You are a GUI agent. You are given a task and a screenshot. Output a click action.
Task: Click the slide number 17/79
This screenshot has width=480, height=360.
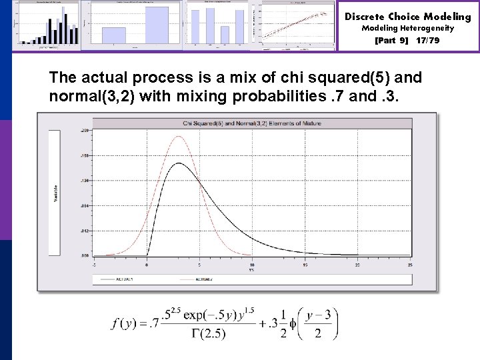click(x=427, y=40)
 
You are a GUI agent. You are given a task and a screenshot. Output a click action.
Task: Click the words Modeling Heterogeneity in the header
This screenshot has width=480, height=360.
click(x=407, y=28)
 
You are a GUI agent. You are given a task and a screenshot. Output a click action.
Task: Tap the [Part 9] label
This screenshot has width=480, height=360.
click(x=392, y=40)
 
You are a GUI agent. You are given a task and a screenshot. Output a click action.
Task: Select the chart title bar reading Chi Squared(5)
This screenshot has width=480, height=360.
click(x=251, y=123)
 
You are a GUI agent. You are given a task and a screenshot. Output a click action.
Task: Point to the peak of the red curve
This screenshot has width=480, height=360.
click(x=179, y=137)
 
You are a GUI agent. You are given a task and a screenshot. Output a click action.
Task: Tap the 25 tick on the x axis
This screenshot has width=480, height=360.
click(x=409, y=265)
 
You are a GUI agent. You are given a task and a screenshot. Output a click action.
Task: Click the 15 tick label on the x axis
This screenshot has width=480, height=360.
click(x=304, y=265)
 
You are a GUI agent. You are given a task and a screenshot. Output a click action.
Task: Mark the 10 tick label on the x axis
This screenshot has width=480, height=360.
click(x=252, y=265)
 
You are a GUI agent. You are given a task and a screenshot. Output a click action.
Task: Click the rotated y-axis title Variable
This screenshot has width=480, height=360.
click(x=55, y=194)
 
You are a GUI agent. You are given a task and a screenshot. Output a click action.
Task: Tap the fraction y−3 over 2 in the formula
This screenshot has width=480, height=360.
click(x=318, y=325)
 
